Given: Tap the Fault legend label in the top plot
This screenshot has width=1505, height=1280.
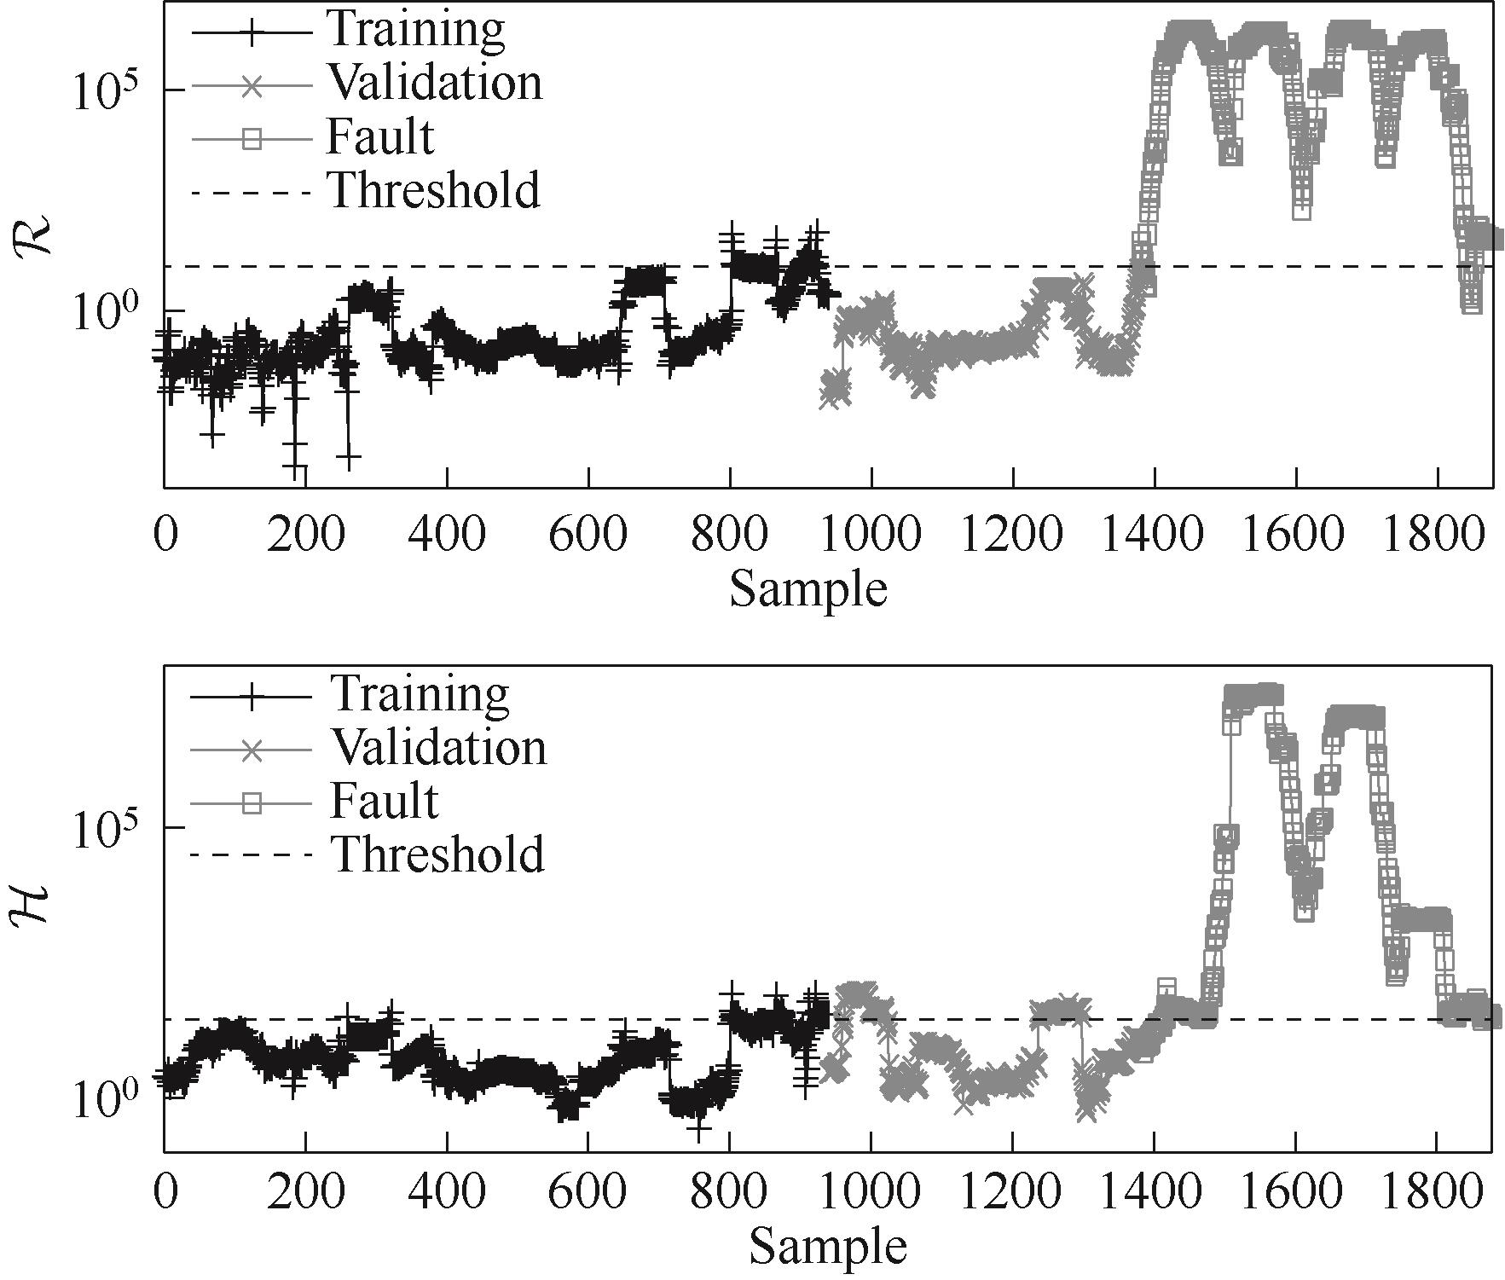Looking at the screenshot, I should pos(379,136).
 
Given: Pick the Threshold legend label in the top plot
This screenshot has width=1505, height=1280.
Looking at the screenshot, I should pos(434,190).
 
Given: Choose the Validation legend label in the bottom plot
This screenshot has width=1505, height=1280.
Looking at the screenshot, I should pos(438,747).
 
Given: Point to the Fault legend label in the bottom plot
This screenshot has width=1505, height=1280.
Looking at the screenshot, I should pos(384,801).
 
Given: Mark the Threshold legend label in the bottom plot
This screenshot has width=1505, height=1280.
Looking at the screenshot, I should pos(437,854).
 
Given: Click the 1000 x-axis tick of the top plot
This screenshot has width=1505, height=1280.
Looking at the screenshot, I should pos(871,536).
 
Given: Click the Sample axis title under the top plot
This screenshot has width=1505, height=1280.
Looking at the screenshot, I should pos(807,589).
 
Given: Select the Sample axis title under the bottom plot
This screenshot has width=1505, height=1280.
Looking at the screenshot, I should pos(827,1248).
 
